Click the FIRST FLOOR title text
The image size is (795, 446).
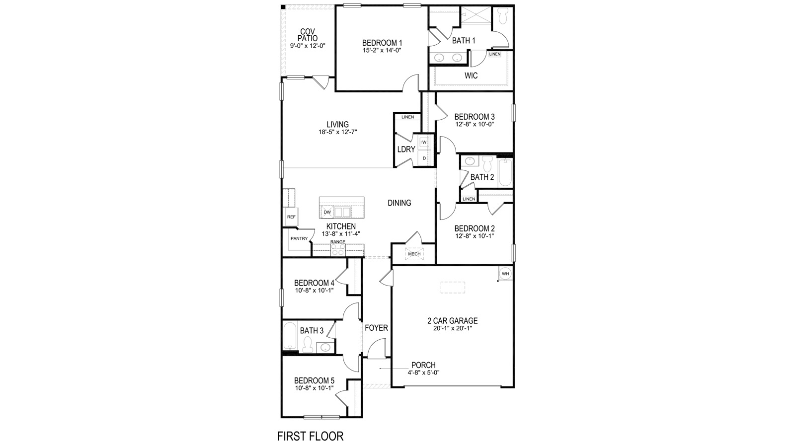coord(310,437)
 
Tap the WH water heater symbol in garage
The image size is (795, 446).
coord(505,274)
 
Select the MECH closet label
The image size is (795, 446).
coord(414,254)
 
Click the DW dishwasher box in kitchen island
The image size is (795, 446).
coord(327,212)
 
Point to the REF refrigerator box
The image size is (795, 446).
coord(291,217)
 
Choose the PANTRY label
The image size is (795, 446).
coord(299,238)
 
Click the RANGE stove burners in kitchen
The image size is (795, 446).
coord(338,250)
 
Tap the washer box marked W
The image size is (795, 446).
coord(424,142)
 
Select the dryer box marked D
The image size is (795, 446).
coord(424,158)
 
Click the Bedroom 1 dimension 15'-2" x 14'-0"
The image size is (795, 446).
coord(382,50)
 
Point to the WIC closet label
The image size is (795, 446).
coord(471,76)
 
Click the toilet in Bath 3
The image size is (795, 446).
coord(308,344)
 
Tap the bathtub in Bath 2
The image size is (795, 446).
coord(505,172)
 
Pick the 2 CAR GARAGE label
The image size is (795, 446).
coord(452,321)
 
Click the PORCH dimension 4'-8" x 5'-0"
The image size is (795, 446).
coord(423,372)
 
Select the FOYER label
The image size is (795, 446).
coord(376,328)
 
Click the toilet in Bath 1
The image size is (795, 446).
coord(502,18)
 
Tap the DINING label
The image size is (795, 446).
coord(399,203)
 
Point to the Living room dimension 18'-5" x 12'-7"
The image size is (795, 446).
coord(338,132)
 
